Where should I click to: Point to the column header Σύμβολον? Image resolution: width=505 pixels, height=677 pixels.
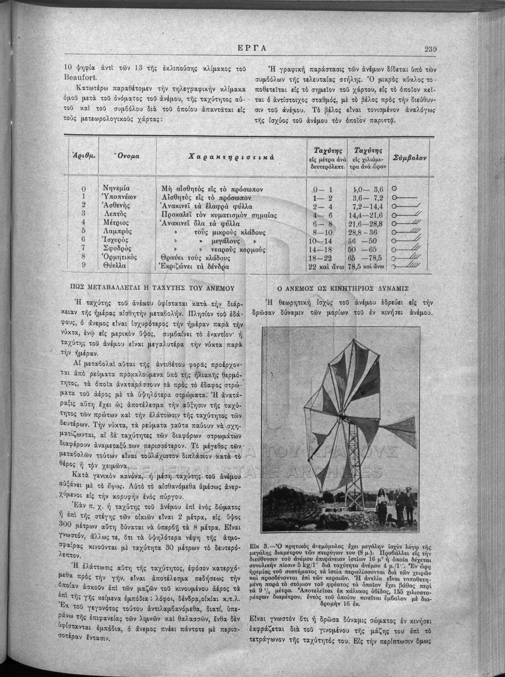(410, 156)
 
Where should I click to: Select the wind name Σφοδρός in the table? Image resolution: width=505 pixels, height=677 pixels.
(118, 248)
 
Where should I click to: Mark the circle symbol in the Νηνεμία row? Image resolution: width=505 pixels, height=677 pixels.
(394, 188)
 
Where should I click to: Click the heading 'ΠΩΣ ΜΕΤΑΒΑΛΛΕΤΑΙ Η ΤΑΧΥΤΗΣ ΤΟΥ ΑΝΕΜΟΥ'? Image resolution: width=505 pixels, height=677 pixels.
(151, 287)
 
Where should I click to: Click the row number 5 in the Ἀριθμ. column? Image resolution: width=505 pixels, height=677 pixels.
(83, 231)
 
